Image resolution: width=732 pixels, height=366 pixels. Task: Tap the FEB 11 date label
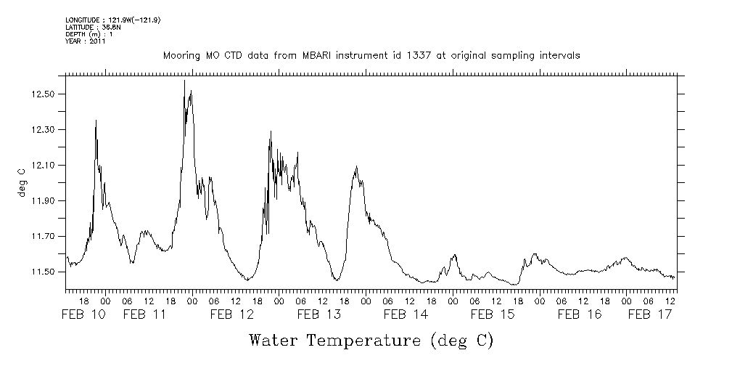[145, 314]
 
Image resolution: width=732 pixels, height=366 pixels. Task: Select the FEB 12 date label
[232, 314]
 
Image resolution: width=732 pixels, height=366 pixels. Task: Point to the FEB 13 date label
[319, 314]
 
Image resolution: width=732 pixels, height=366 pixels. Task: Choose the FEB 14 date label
[406, 314]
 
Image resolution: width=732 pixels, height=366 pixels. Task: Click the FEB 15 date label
[493, 314]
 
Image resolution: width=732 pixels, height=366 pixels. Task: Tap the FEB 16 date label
[580, 314]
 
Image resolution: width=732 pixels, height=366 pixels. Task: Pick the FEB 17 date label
[649, 314]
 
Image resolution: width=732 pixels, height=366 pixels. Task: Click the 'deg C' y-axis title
[21, 182]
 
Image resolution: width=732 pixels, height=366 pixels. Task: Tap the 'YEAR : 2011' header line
[86, 41]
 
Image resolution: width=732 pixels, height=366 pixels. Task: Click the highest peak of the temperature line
[184, 81]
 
